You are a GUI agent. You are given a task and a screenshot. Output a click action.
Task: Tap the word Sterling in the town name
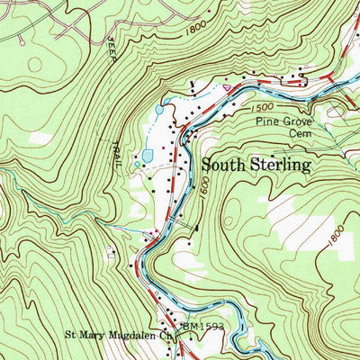click(280, 166)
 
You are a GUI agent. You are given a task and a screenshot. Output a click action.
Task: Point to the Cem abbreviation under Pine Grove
click(299, 131)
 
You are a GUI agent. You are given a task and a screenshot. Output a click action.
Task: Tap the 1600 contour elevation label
click(205, 186)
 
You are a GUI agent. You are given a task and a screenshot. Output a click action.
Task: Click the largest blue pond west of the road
click(147, 157)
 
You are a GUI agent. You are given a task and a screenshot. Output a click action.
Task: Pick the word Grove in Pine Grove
click(298, 118)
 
